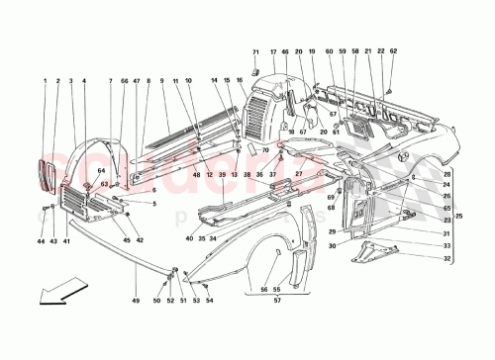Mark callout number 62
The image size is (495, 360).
coord(393,50)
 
